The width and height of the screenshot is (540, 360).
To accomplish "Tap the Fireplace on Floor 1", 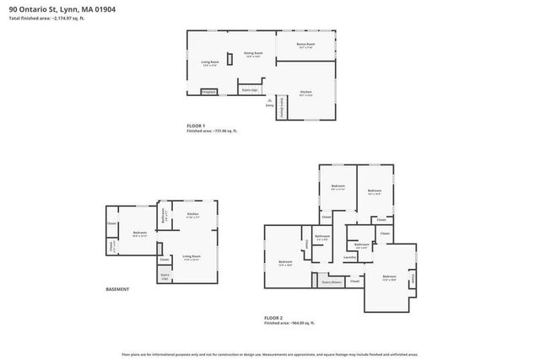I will coord(208,91).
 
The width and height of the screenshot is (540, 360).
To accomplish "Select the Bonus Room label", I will coord(305,45).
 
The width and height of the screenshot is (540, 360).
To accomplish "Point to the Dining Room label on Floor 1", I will coord(254,54).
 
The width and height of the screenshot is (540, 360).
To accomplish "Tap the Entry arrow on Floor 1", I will coord(269,101).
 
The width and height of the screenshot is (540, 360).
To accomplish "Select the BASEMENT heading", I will coord(117,289).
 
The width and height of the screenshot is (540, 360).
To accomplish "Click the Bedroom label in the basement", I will coord(140,234).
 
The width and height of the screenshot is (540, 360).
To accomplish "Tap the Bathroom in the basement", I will coord(164,225).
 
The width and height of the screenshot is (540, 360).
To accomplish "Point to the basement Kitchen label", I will coord(192,215).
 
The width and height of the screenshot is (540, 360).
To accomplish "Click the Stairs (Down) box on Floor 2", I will coord(330,282).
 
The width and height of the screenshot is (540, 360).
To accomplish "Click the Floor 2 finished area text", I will coord(289,323).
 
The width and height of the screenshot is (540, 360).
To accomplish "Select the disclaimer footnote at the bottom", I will coord(269,354).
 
